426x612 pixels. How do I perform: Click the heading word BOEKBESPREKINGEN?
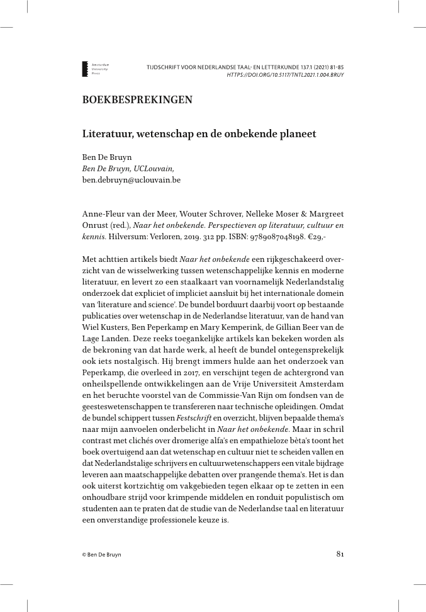point(137,100)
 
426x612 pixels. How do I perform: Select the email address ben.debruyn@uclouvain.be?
point(132,179)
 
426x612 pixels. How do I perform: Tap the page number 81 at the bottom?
point(339,555)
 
